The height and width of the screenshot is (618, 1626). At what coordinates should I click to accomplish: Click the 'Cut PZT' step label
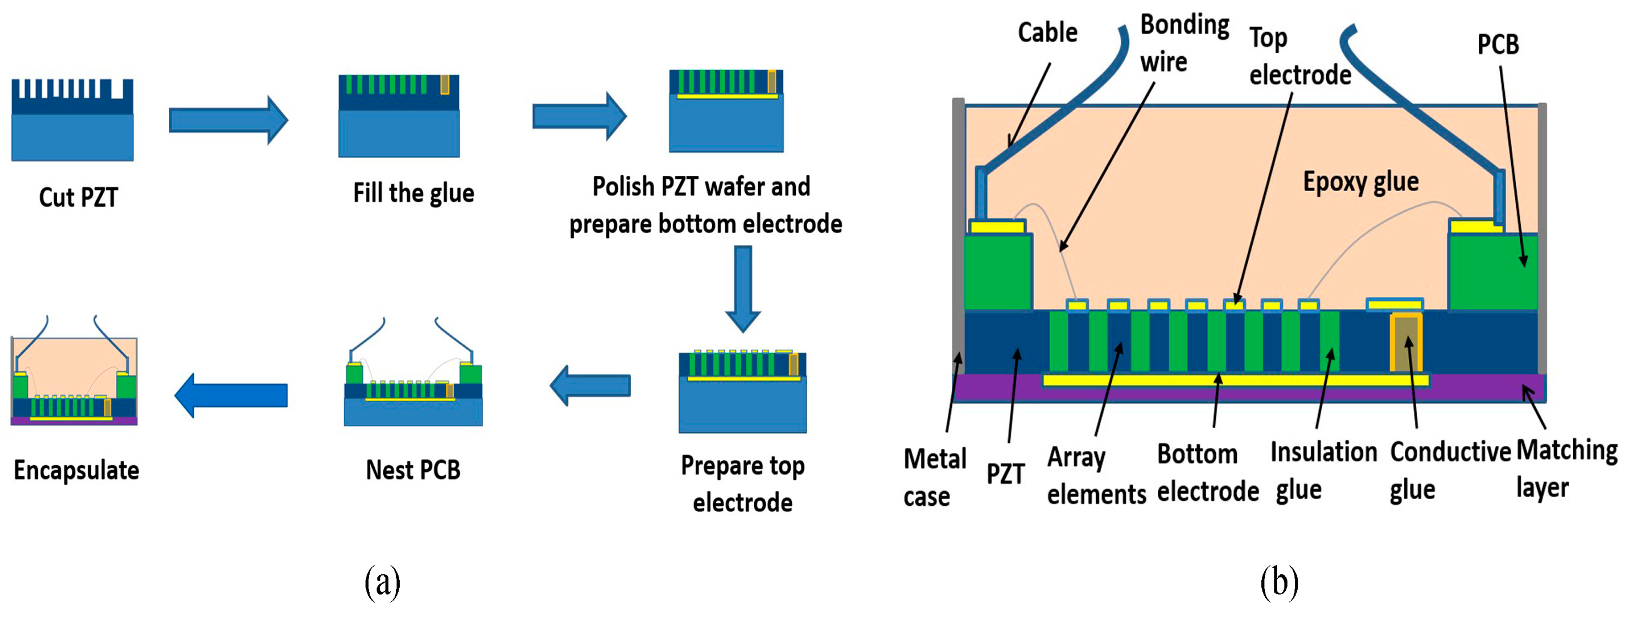tap(78, 198)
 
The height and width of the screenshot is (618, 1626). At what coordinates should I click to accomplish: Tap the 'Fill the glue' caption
tap(413, 193)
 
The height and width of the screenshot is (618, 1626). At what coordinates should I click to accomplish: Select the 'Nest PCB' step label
tap(413, 470)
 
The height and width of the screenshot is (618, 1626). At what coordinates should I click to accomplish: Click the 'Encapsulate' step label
tap(76, 470)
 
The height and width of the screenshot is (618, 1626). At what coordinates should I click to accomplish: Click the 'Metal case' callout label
tap(934, 477)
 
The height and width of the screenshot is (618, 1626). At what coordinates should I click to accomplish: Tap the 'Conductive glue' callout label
tap(1450, 470)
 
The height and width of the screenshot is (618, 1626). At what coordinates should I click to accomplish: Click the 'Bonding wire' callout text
tap(1184, 44)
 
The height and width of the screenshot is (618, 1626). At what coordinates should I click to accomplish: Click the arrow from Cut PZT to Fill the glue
tap(228, 120)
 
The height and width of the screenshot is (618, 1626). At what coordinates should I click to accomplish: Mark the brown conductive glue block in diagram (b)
tap(1406, 344)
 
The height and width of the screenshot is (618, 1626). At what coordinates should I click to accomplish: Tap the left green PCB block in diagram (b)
tap(998, 272)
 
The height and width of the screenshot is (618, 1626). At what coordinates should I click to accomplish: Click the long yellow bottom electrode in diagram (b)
tap(1231, 380)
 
